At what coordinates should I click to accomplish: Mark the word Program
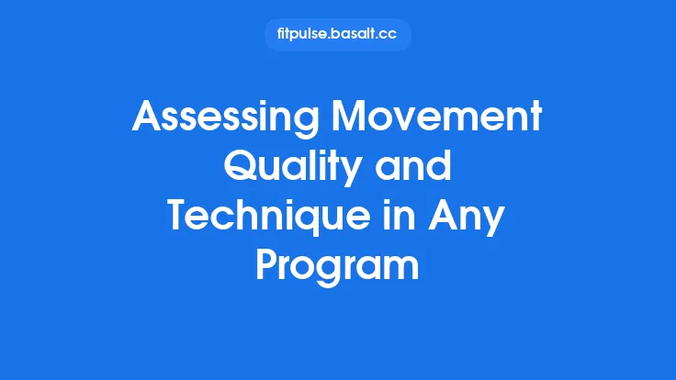point(337,267)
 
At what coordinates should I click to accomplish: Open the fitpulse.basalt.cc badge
point(337,35)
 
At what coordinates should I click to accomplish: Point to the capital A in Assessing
point(146,118)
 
